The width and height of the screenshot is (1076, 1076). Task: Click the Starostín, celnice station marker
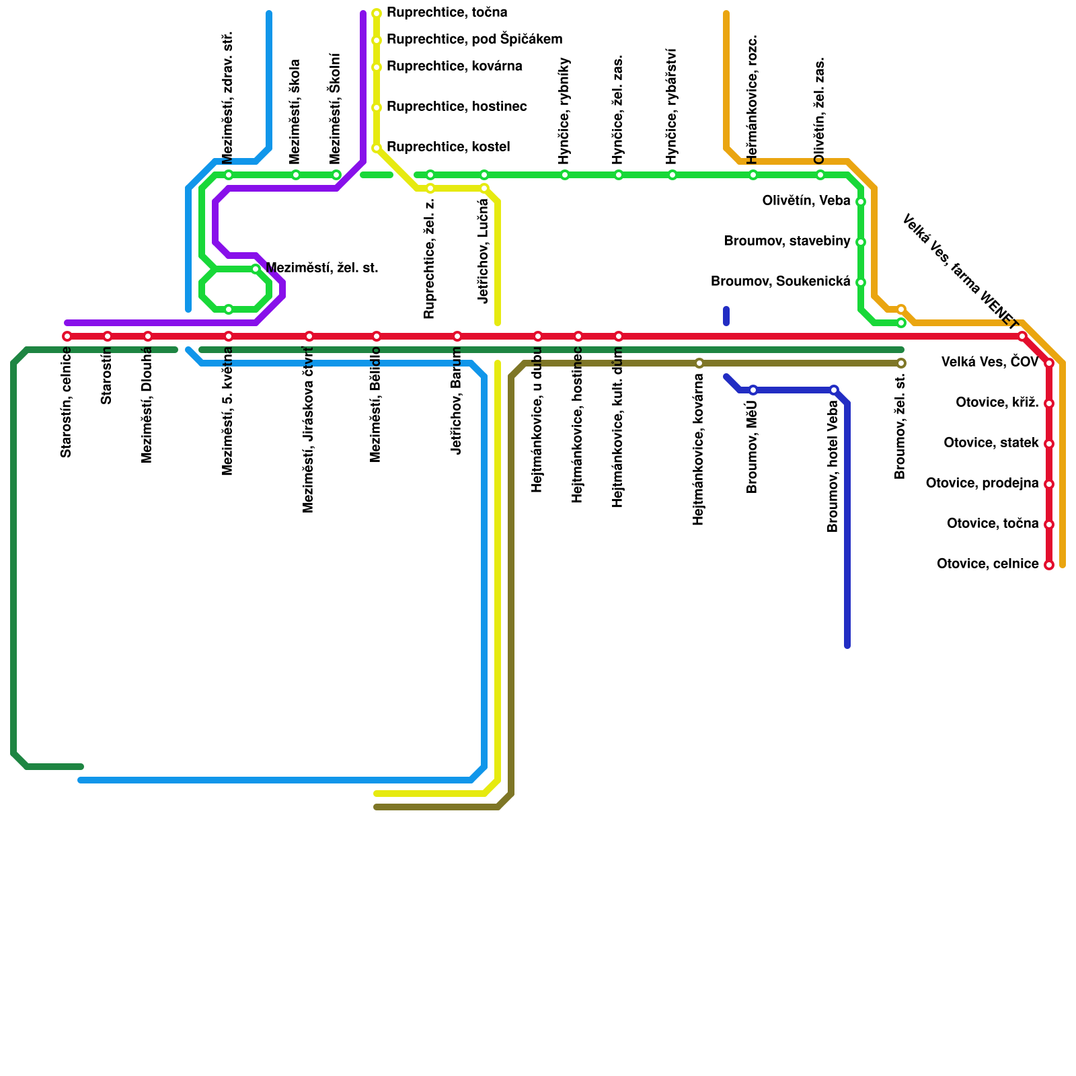point(67,336)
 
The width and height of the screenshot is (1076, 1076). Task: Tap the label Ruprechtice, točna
point(447,13)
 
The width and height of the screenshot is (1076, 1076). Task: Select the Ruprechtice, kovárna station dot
point(377,67)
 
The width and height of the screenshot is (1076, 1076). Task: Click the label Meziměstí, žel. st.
point(321,269)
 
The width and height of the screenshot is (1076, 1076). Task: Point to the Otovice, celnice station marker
point(1049,565)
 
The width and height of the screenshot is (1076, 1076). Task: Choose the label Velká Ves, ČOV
point(990,363)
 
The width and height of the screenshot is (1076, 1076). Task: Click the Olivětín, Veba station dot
point(861,202)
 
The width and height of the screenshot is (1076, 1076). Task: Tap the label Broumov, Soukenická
point(780,282)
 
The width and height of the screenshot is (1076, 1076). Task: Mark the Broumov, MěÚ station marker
point(753,390)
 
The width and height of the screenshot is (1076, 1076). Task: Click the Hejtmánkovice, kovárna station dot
point(699,363)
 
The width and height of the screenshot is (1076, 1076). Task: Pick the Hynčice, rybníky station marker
point(565,175)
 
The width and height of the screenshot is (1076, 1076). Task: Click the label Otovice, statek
point(991,443)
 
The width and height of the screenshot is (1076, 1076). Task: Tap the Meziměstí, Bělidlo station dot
point(377,336)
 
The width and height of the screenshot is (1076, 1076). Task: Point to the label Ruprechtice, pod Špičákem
point(474,40)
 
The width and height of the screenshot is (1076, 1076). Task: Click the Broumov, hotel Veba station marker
point(834,390)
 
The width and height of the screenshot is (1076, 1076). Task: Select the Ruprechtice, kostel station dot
point(377,148)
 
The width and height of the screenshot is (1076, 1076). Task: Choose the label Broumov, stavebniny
point(787,241)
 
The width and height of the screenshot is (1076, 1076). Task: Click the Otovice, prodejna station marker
point(1049,484)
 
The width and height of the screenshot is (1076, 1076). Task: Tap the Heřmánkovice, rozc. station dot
point(753,175)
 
